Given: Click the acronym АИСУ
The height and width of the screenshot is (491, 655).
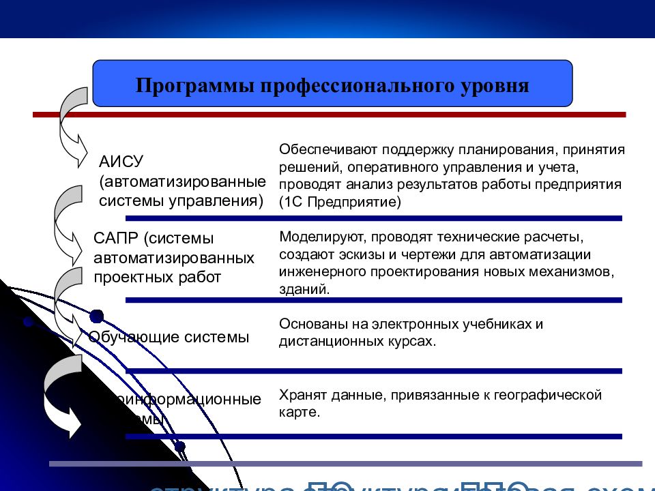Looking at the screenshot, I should [x=120, y=162].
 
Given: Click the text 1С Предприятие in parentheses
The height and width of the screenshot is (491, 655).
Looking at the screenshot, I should [x=340, y=203].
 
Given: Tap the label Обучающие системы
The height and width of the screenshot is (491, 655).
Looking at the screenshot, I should [x=169, y=337].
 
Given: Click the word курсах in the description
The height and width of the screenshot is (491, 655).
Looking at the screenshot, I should [x=412, y=341].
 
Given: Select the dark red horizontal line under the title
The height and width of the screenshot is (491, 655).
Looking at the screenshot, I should [x=327, y=115].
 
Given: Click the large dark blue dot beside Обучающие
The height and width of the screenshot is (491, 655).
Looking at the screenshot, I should [x=97, y=316].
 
